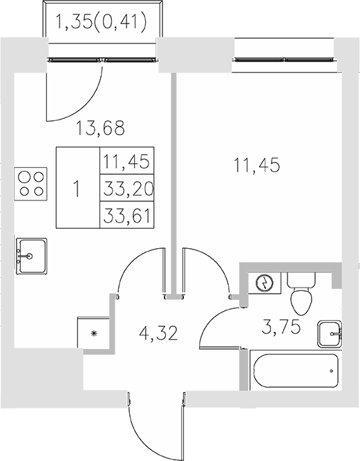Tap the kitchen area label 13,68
[x=103, y=128]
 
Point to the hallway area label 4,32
[x=159, y=335]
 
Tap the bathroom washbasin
[x=330, y=335]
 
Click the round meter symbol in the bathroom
[x=264, y=283]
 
